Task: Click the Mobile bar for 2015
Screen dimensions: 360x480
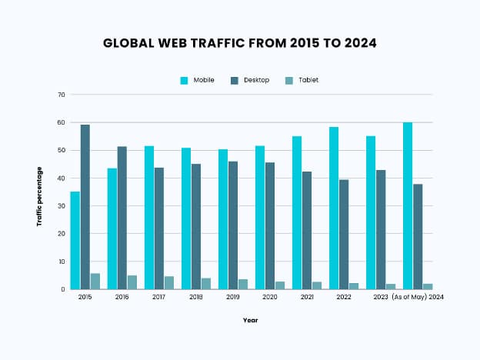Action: (x=75, y=240)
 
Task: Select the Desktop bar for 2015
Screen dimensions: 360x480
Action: (x=85, y=207)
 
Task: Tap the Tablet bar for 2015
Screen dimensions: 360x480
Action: (x=95, y=282)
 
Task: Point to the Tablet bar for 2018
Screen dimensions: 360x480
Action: (x=205, y=284)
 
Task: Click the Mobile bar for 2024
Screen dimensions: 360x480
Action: (x=408, y=205)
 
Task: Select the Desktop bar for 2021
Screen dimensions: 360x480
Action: (x=306, y=230)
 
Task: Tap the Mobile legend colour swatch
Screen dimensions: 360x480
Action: (x=185, y=80)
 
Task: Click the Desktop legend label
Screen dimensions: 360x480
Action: (x=256, y=80)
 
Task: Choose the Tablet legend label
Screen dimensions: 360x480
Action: (x=308, y=80)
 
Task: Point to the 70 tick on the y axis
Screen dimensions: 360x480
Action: (x=61, y=95)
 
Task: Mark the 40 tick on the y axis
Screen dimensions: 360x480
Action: (x=61, y=178)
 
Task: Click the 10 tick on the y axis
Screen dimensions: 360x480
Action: (x=61, y=262)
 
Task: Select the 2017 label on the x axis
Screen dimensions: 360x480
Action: (x=158, y=296)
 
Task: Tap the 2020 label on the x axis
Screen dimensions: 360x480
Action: (x=268, y=296)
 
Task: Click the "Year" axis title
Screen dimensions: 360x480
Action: (x=250, y=320)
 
